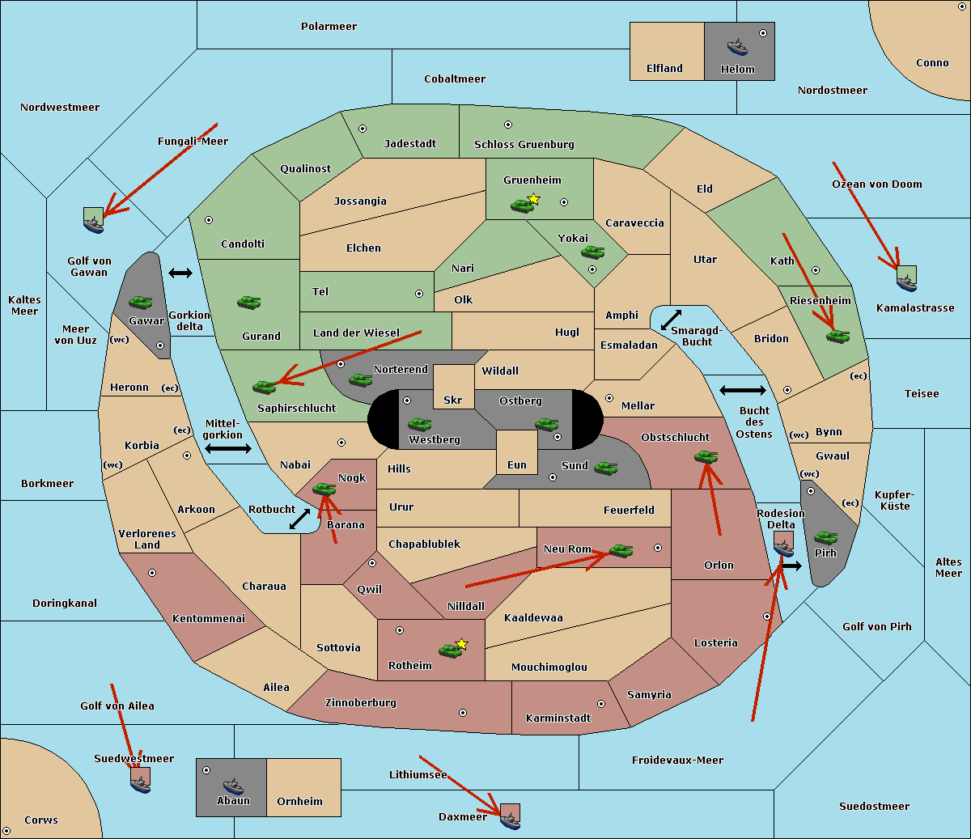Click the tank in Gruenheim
pyautogui.click(x=522, y=206)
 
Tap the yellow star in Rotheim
pyautogui.click(x=461, y=643)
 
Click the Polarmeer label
pyautogui.click(x=329, y=27)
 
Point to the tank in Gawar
pyautogui.click(x=140, y=302)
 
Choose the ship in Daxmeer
pyautogui.click(x=510, y=822)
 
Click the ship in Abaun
pyautogui.click(x=233, y=786)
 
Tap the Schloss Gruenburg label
pyautogui.click(x=524, y=144)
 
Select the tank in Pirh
pyautogui.click(x=825, y=537)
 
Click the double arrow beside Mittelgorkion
pyautogui.click(x=228, y=448)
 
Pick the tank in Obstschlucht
pyautogui.click(x=706, y=456)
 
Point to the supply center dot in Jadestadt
pyautogui.click(x=363, y=129)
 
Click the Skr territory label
pyautogui.click(x=452, y=400)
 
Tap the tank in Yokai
pyautogui.click(x=592, y=252)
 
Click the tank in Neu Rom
pyautogui.click(x=621, y=551)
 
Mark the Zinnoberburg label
pyautogui.click(x=361, y=702)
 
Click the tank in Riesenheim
pyautogui.click(x=837, y=337)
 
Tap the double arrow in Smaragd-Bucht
pyautogui.click(x=671, y=320)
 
